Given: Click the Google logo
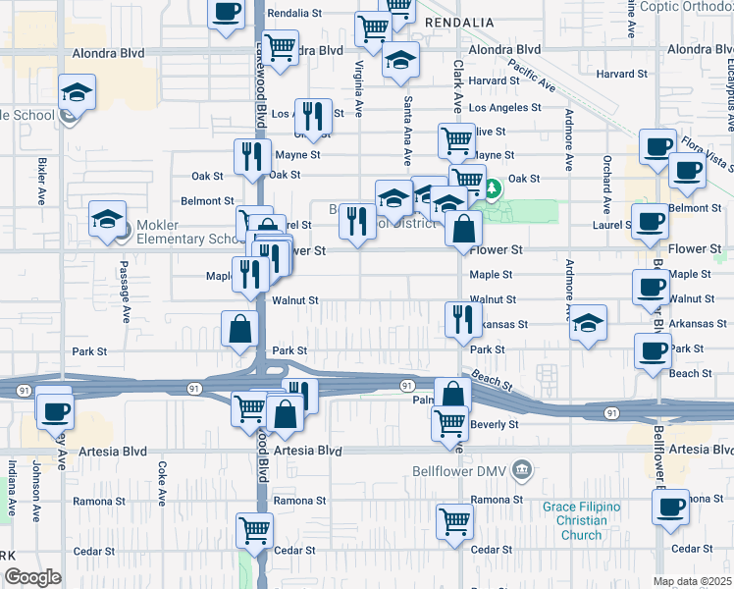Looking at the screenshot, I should (32, 578).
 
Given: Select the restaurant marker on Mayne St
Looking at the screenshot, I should (252, 157).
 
